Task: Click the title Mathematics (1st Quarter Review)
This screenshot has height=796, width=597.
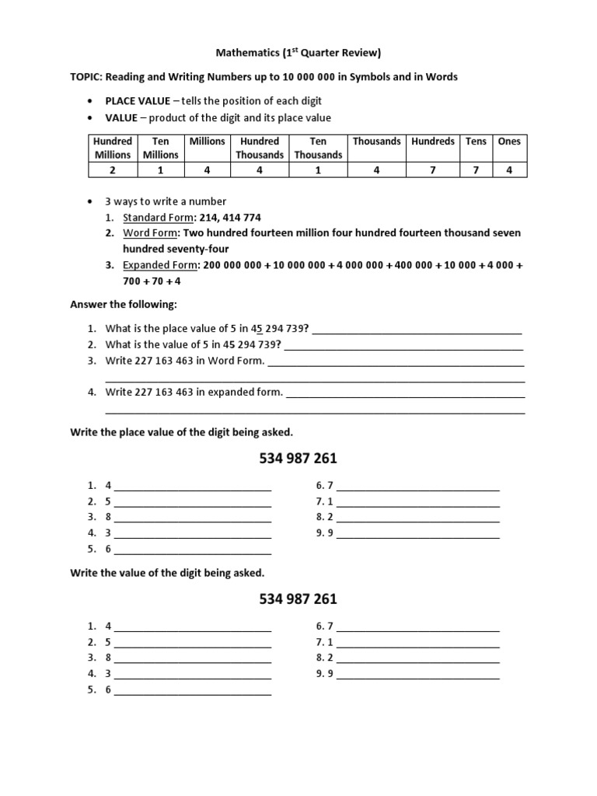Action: pos(298,53)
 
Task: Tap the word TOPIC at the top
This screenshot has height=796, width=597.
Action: pos(86,77)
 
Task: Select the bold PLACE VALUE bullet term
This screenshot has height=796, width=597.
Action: pos(138,101)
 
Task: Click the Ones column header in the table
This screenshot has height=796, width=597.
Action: pos(509,141)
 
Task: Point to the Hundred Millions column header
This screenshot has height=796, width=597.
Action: pos(113,148)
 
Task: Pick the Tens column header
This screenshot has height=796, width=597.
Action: pos(476,141)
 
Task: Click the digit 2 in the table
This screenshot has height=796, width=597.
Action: pos(113,170)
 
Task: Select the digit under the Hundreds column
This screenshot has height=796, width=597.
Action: pos(433,170)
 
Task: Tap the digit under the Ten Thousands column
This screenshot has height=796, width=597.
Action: pos(318,170)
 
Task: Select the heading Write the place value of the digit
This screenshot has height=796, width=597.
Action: pos(182,431)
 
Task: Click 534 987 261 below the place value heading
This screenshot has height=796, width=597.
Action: pos(298,459)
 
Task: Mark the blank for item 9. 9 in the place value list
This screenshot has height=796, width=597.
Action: pos(418,534)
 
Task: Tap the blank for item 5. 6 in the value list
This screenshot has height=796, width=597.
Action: pos(193,690)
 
